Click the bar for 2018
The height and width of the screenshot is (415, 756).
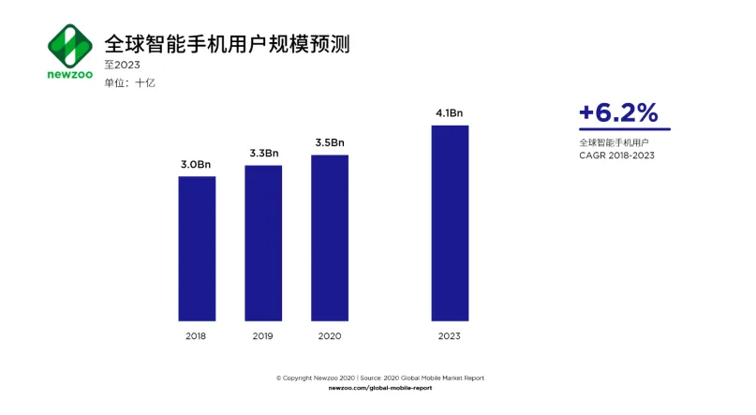click(197, 248)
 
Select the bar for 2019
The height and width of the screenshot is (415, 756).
click(263, 243)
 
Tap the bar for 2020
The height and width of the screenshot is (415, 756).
click(330, 238)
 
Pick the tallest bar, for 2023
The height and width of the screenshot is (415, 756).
click(450, 223)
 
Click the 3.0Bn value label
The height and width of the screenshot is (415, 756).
click(197, 165)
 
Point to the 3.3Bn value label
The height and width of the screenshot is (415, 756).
click(263, 154)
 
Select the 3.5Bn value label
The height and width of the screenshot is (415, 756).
click(330, 142)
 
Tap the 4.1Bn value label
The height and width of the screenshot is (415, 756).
click(450, 113)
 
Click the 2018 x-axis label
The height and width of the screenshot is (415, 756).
click(197, 335)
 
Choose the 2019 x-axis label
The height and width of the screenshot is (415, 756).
click(263, 335)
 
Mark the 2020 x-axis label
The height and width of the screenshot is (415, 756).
click(330, 335)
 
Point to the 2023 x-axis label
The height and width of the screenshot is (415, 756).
click(450, 335)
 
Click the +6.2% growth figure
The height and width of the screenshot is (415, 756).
click(618, 112)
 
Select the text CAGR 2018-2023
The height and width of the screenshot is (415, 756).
click(616, 156)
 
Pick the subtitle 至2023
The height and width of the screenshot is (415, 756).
click(122, 65)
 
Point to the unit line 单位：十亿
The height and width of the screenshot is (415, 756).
click(129, 82)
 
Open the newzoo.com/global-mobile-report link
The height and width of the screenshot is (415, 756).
click(380, 388)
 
